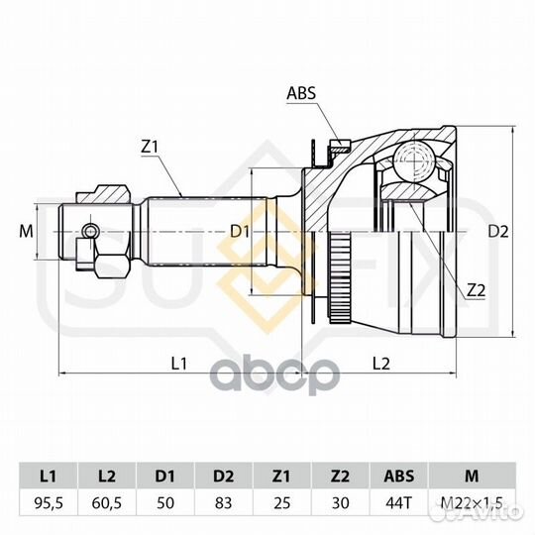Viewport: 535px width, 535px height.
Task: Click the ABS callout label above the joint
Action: tap(301, 93)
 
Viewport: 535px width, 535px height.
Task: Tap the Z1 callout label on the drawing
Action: tap(151, 148)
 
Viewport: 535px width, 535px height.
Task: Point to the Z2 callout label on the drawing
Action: tap(476, 290)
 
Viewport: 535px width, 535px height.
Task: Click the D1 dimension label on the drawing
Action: tap(240, 232)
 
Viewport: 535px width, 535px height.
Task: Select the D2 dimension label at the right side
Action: tap(498, 232)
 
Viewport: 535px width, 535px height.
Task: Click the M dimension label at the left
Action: tap(27, 232)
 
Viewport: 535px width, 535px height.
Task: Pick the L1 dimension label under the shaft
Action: tap(178, 364)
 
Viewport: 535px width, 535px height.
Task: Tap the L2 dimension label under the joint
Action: tap(380, 364)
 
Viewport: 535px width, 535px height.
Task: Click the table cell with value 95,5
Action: tap(49, 503)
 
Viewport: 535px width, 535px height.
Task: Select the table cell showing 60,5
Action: tap(107, 503)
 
